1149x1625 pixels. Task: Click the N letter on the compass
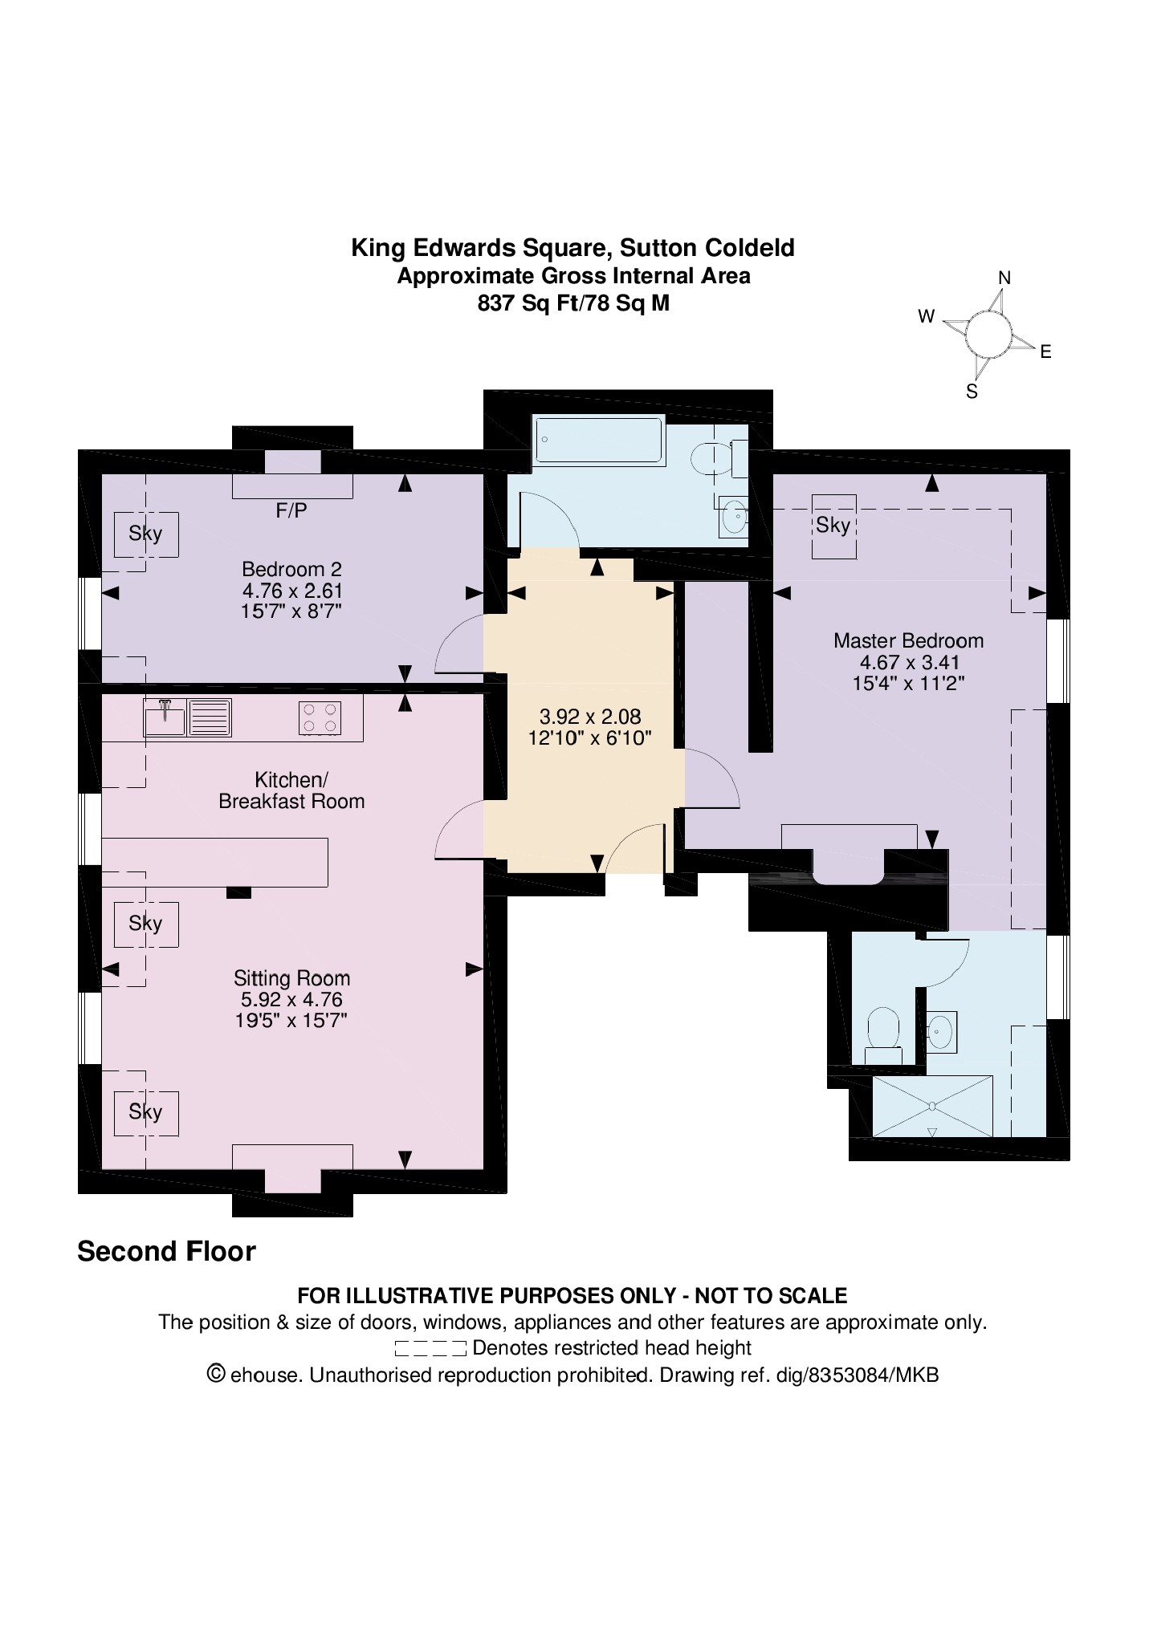tap(1004, 278)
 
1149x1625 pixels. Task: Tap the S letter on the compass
tap(972, 392)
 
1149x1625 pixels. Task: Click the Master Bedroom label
tap(908, 640)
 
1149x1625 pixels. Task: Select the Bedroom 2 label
tap(291, 569)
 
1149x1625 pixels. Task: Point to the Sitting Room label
tap(291, 978)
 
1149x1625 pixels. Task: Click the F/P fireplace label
tap(291, 510)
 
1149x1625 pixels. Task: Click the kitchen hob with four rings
tap(320, 717)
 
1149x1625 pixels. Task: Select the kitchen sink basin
tap(165, 717)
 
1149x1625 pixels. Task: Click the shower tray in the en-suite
tap(932, 1106)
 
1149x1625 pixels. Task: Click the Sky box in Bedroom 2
tap(145, 534)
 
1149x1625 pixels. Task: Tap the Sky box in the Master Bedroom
tap(833, 526)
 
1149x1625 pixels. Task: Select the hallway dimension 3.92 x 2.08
tap(590, 716)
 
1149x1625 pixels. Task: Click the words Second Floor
tap(166, 1251)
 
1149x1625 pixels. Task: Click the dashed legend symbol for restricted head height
tap(430, 1348)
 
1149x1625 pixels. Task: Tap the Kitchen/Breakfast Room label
tap(291, 790)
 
